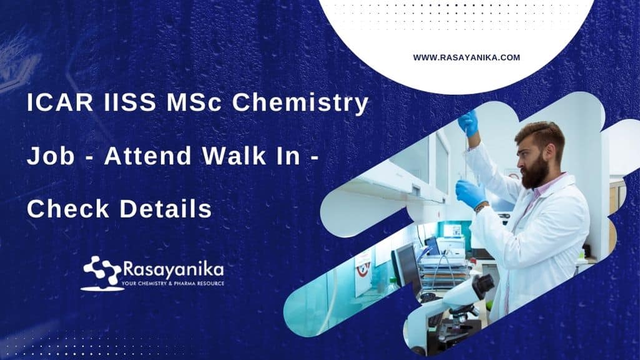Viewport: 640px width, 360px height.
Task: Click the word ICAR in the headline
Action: click(x=60, y=102)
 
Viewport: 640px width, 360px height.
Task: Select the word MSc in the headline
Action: click(x=194, y=102)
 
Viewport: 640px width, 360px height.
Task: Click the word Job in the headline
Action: click(x=51, y=156)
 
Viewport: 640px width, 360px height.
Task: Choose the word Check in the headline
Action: click(x=68, y=208)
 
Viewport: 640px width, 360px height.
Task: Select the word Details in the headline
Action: click(x=165, y=208)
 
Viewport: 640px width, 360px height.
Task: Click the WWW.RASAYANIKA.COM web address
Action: click(x=466, y=57)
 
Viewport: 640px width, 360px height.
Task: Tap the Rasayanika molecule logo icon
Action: click(x=102, y=273)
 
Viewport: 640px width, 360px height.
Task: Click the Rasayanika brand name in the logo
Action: click(x=173, y=270)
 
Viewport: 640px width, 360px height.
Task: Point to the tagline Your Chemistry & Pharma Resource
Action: click(x=173, y=283)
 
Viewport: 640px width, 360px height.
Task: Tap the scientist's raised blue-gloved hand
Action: click(x=468, y=123)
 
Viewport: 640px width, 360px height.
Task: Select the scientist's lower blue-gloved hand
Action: click(x=471, y=193)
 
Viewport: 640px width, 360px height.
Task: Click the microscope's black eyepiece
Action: click(x=484, y=285)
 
